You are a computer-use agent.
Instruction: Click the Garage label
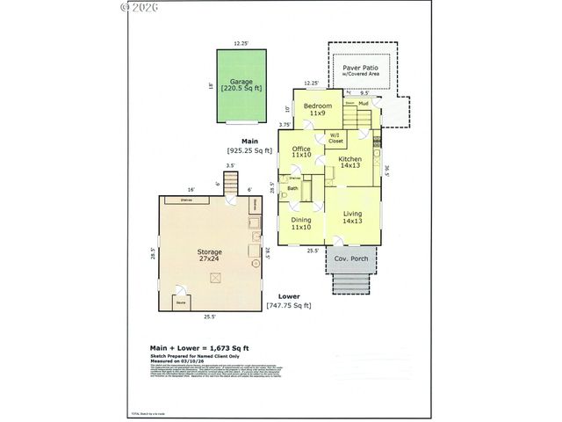(x=241, y=81)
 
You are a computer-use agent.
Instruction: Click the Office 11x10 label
(x=301, y=151)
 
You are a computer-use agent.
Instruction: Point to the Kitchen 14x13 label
(x=350, y=162)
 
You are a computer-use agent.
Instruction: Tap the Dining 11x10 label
(x=301, y=223)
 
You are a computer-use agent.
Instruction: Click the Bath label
(x=292, y=188)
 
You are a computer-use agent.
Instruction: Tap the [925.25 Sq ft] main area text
(x=250, y=150)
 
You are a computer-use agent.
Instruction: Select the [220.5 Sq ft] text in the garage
(x=241, y=89)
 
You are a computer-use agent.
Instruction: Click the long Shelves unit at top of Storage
(x=186, y=200)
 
